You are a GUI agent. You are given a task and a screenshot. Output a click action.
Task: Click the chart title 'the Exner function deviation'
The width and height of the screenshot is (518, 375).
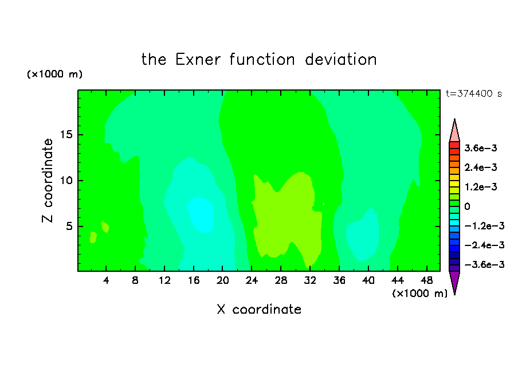click(259, 60)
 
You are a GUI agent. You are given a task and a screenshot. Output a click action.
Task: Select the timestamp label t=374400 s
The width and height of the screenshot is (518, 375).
click(474, 93)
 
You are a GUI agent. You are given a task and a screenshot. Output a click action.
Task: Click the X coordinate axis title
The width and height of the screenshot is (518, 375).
click(259, 309)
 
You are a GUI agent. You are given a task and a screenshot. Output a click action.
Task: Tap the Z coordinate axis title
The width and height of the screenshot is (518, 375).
click(47, 180)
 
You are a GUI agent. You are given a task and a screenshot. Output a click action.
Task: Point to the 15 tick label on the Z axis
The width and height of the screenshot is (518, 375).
click(66, 135)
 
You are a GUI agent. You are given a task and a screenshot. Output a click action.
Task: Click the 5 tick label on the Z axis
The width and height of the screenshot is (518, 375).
click(69, 226)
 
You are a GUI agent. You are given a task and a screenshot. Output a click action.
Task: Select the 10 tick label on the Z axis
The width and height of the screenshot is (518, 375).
click(66, 181)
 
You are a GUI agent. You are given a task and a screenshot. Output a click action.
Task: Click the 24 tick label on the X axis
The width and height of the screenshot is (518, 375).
click(252, 280)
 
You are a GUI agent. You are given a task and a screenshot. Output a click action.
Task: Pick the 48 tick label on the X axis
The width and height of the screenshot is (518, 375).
click(426, 280)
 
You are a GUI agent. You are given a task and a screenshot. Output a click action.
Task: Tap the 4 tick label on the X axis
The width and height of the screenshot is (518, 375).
click(106, 280)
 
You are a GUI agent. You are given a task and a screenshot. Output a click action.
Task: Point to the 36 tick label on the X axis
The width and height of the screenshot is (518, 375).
click(339, 280)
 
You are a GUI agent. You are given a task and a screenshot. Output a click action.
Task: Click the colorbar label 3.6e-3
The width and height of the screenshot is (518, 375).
click(481, 148)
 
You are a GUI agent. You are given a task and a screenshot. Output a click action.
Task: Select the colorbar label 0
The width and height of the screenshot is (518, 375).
click(467, 206)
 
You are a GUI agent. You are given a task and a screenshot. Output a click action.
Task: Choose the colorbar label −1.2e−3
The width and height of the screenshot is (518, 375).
click(485, 226)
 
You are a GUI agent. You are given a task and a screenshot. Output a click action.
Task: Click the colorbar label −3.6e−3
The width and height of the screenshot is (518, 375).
click(485, 264)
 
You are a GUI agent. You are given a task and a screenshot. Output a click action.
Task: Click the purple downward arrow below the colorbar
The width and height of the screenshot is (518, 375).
click(454, 281)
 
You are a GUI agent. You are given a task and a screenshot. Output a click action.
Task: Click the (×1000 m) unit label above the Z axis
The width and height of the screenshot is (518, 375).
click(54, 74)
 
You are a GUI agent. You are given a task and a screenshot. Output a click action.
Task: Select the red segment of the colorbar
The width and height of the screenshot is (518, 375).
click(454, 145)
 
